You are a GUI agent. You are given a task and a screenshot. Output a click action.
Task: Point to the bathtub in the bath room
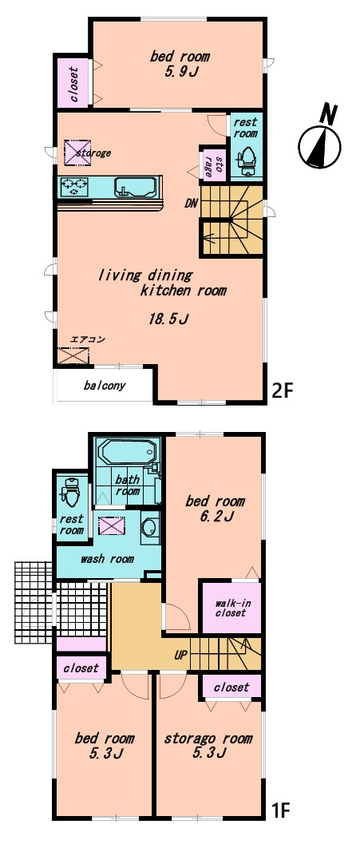[x=129, y=454]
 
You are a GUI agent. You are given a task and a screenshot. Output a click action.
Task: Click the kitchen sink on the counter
[x=135, y=187]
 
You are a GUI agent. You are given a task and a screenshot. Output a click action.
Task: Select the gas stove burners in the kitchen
[x=75, y=186]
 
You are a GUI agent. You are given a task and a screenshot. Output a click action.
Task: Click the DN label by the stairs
[x=192, y=204]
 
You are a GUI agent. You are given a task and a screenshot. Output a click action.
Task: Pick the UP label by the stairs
[x=180, y=656]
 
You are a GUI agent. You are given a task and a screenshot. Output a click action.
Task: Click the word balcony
[x=105, y=386]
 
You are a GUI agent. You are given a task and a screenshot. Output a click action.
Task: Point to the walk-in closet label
[x=231, y=608]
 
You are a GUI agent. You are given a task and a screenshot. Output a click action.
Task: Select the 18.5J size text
[x=168, y=319]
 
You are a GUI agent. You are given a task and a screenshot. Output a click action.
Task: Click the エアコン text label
[x=88, y=339]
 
